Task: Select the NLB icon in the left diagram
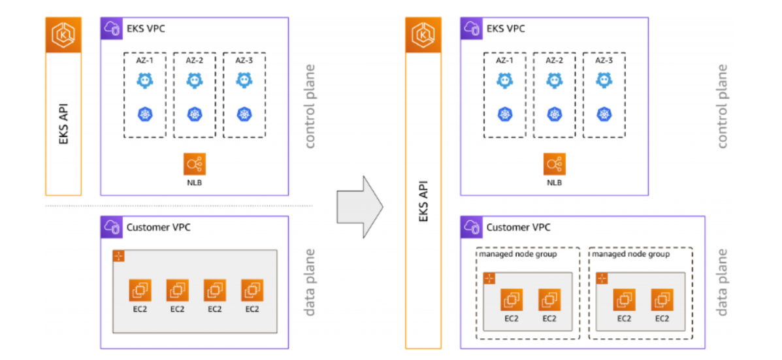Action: click(x=194, y=164)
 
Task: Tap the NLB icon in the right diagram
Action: click(x=554, y=164)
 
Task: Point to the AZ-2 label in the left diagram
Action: click(x=194, y=60)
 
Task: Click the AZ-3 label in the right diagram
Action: click(x=604, y=60)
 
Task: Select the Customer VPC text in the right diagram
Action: click(x=518, y=227)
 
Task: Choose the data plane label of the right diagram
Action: click(x=722, y=282)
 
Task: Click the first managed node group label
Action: click(x=518, y=254)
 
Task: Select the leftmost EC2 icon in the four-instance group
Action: click(x=140, y=290)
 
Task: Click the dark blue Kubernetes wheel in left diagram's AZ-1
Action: click(x=144, y=114)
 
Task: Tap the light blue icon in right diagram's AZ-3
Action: click(x=604, y=80)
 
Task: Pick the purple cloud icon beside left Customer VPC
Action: click(x=111, y=227)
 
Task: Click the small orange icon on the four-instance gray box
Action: click(x=119, y=256)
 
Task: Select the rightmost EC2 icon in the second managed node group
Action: click(x=662, y=299)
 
